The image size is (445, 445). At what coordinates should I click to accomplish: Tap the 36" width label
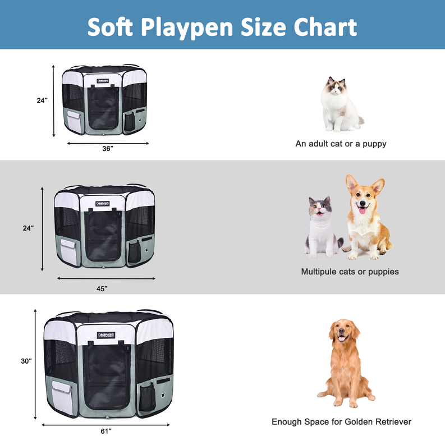pos(108,149)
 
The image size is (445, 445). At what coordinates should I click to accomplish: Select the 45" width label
pos(101,288)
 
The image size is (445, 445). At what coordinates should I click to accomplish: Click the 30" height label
pos(26,361)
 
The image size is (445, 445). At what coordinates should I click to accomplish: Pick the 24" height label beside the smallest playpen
pos(42,100)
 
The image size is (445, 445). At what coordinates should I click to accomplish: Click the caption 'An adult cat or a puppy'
pos(341,144)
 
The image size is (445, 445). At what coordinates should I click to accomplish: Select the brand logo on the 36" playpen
pos(102,80)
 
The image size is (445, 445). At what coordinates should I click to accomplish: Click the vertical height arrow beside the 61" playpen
pos(36,365)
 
